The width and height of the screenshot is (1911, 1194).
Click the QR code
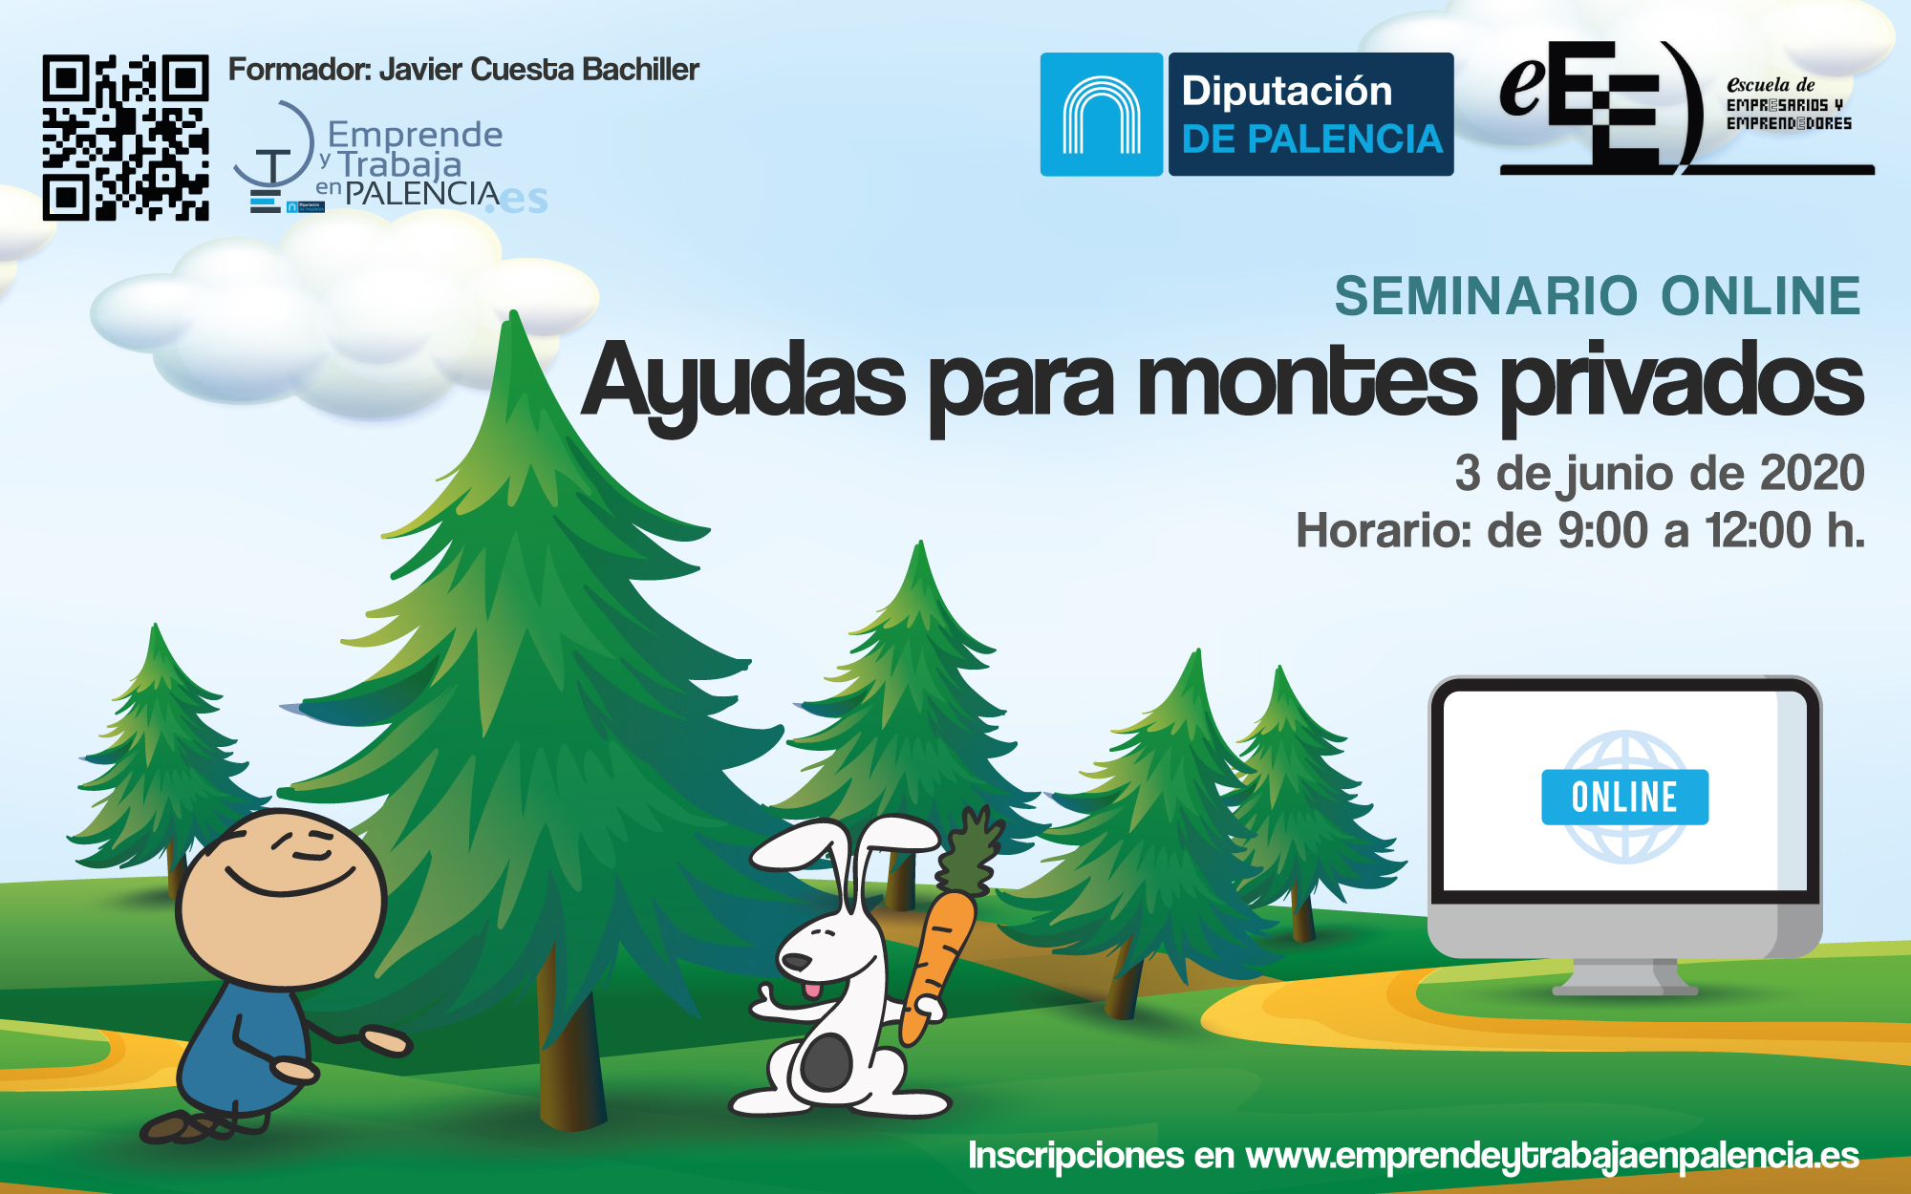click(125, 138)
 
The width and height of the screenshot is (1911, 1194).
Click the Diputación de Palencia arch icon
click(1102, 115)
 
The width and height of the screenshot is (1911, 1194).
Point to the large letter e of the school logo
click(1521, 84)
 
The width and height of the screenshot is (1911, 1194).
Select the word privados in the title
click(1683, 387)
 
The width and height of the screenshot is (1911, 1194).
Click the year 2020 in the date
click(1812, 473)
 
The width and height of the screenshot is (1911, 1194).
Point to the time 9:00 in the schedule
click(1602, 530)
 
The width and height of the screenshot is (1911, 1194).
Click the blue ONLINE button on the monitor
click(1624, 797)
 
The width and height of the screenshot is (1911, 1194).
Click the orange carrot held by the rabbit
click(938, 965)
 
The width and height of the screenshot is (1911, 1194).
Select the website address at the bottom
click(1553, 1157)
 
